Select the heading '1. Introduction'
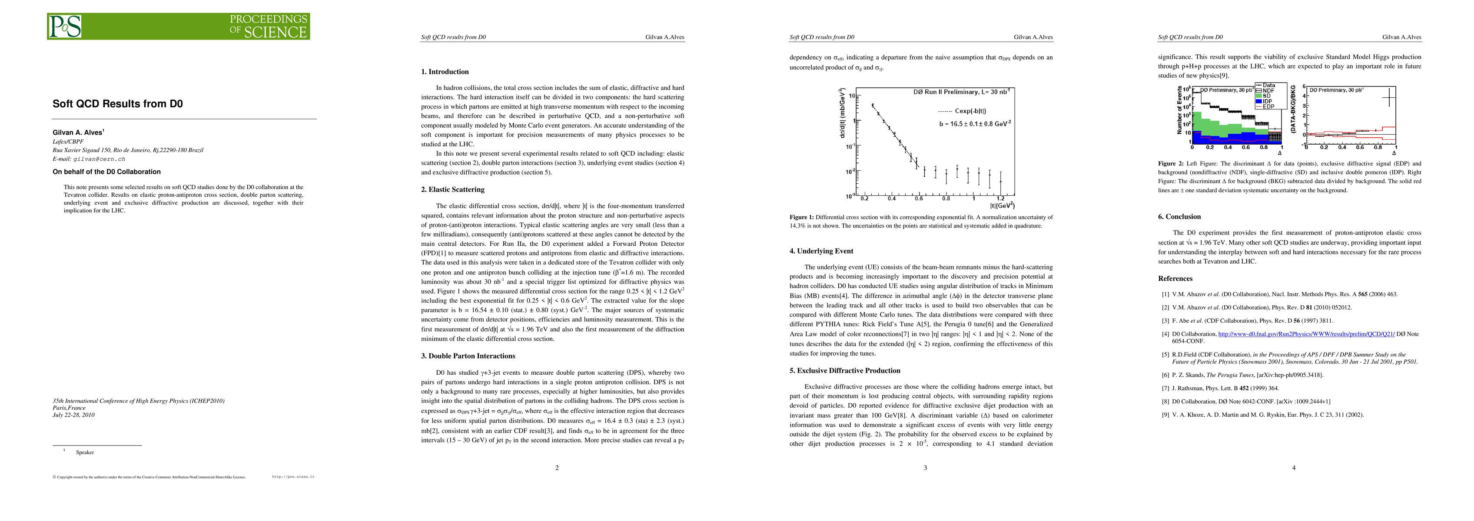[x=445, y=72]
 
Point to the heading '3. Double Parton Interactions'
[x=471, y=356]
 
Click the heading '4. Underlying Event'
[x=821, y=251]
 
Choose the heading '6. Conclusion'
[x=1179, y=217]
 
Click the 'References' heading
[x=1175, y=278]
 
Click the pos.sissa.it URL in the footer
[x=293, y=476]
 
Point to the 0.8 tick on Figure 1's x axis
[x=946, y=199]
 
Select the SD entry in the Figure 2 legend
[x=1267, y=96]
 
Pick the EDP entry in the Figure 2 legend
[x=1268, y=106]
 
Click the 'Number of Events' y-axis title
[x=1179, y=110]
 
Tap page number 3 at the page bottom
[x=925, y=468]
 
